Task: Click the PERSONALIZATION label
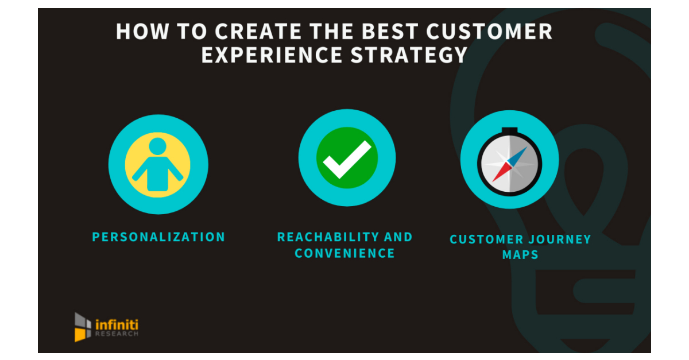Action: pyautogui.click(x=158, y=237)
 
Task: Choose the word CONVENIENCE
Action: pyautogui.click(x=344, y=253)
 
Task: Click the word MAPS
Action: pyautogui.click(x=520, y=254)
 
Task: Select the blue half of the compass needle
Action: pyautogui.click(x=518, y=154)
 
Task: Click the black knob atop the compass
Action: pyautogui.click(x=509, y=131)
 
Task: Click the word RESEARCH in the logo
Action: pyautogui.click(x=116, y=334)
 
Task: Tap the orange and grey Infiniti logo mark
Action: pyautogui.click(x=83, y=326)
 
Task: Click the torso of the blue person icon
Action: pyautogui.click(x=158, y=173)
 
